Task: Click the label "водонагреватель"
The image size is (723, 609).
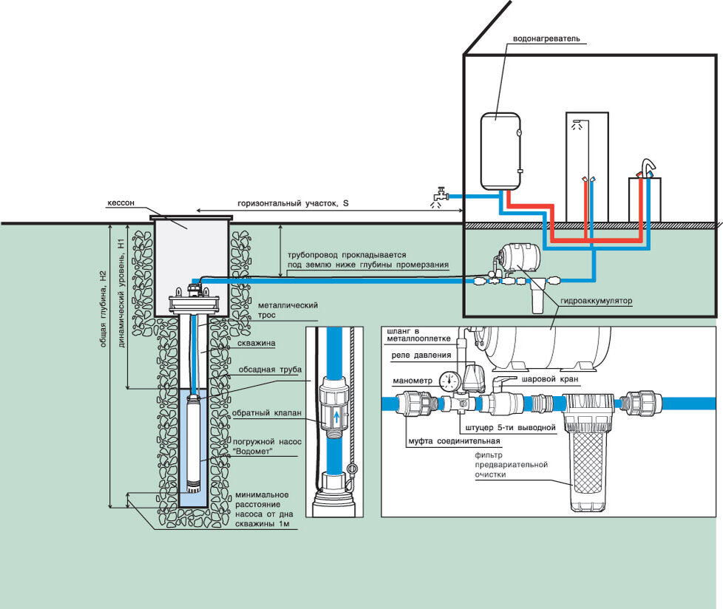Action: (x=546, y=38)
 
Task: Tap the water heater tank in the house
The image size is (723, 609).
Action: (x=500, y=152)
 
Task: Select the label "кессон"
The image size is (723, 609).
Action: (x=120, y=203)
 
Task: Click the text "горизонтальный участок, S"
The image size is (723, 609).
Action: (x=293, y=203)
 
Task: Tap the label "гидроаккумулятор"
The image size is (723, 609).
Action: (x=596, y=301)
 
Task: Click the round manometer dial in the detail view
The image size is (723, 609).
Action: (x=450, y=381)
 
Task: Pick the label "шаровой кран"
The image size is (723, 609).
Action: (x=549, y=379)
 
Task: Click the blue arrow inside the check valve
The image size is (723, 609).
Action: (x=336, y=418)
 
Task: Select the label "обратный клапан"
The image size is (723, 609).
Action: (x=267, y=413)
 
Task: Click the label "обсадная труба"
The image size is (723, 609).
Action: (x=270, y=370)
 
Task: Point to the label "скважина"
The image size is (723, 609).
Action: (x=257, y=343)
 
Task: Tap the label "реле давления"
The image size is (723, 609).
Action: (x=421, y=355)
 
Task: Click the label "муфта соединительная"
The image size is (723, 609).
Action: (x=454, y=441)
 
